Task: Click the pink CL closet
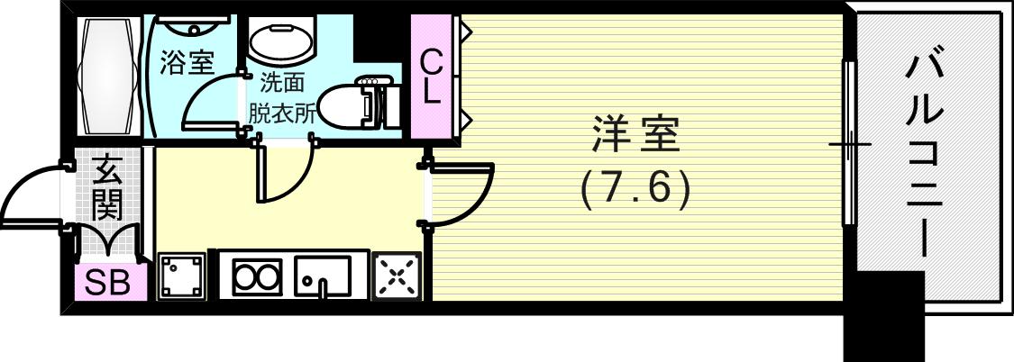pos(431,77)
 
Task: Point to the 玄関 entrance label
pos(107,187)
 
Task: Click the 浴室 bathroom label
pos(187,63)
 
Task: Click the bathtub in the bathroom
pos(109,77)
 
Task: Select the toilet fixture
pos(356,104)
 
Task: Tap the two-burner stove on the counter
pos(257,276)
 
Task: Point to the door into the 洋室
pos(461,194)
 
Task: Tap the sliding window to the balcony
pos(847,144)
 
